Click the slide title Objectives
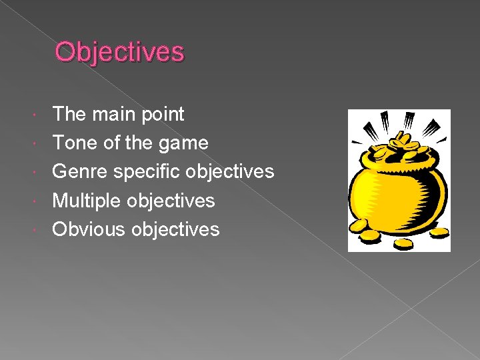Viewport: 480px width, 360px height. pyautogui.click(x=119, y=51)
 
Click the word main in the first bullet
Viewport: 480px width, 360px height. pyautogui.click(x=112, y=114)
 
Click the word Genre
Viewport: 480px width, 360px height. pyautogui.click(x=80, y=171)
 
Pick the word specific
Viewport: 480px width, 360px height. pyautogui.click(x=147, y=172)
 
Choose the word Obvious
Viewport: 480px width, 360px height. pyautogui.click(x=89, y=229)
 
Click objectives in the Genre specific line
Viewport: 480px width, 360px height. pyautogui.click(x=230, y=172)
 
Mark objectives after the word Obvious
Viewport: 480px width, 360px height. pyautogui.click(x=175, y=229)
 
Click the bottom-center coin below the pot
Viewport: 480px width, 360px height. pyautogui.click(x=402, y=243)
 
